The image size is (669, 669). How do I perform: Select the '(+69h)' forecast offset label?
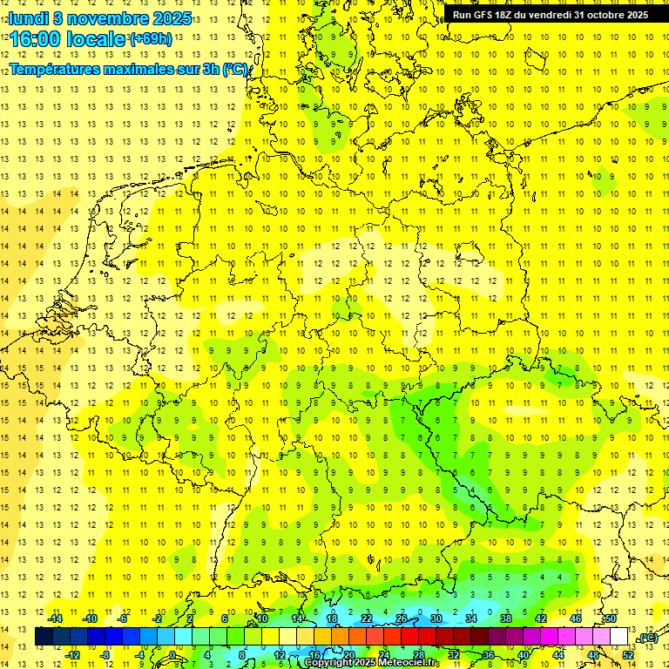pos(151,38)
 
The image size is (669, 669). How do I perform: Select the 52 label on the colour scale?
pos(628,654)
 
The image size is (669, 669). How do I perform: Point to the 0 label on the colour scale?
pos(172,654)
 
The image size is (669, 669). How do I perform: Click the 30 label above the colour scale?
pos(436,618)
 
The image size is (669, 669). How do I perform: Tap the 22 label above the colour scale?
pos(366,618)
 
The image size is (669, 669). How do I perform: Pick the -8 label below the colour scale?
pos(105,654)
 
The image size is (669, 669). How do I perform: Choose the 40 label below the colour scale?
pos(523,654)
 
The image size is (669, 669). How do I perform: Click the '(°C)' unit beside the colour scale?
pos(646,638)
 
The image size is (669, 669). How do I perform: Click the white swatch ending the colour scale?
pos(618,637)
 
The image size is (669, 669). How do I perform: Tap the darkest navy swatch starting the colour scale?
pos(44,637)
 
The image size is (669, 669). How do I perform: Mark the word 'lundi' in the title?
pos(29,17)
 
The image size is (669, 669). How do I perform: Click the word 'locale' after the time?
pos(97,38)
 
